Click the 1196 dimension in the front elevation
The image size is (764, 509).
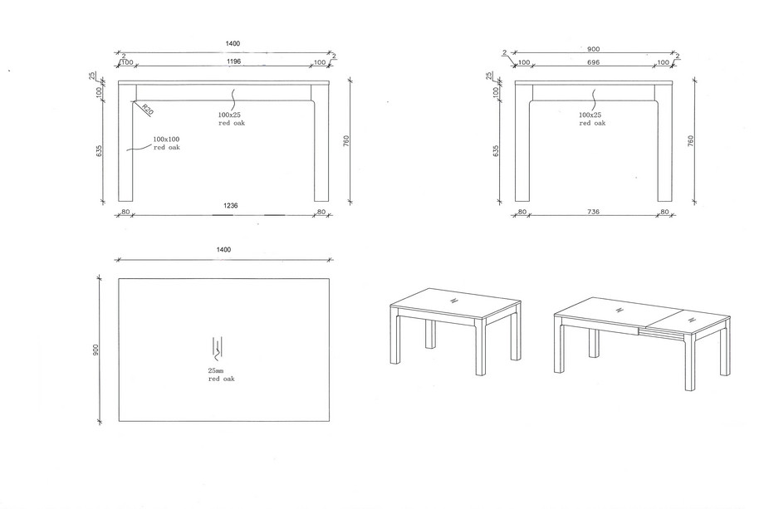(234, 61)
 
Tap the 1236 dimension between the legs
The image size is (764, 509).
(231, 206)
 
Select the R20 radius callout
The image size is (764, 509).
(148, 110)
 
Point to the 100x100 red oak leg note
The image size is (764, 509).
(167, 143)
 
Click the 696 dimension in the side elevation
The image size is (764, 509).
(593, 62)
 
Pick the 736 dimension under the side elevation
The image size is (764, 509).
(593, 212)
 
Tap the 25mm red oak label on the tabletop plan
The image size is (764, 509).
(221, 374)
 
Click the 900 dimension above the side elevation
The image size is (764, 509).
(593, 49)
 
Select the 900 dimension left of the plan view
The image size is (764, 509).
(96, 350)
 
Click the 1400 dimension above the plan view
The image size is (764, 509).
(223, 250)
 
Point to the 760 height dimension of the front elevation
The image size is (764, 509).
(346, 141)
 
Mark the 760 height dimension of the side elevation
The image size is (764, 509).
(690, 141)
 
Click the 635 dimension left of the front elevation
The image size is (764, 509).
(100, 150)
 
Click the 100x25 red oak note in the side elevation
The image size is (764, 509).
(592, 119)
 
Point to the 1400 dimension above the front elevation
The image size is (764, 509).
(233, 44)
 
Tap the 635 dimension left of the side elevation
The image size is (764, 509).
(496, 150)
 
